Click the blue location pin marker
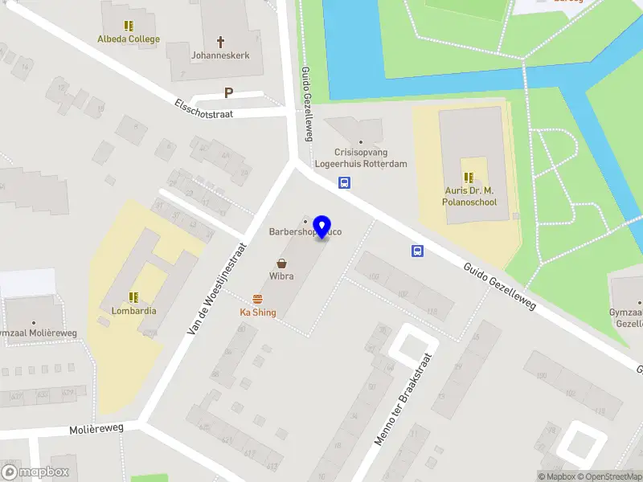pyautogui.click(x=322, y=227)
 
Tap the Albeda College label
pyautogui.click(x=129, y=39)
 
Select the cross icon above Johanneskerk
pyautogui.click(x=221, y=41)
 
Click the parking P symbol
pyautogui.click(x=228, y=92)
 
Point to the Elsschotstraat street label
pyautogui.click(x=203, y=108)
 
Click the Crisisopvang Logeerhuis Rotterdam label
pyautogui.click(x=371, y=158)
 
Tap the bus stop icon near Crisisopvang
pyautogui.click(x=344, y=182)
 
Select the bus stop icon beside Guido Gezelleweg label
pyautogui.click(x=418, y=251)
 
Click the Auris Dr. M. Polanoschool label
pyautogui.click(x=469, y=197)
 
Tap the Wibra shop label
pyautogui.click(x=281, y=276)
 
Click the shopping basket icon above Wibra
pyautogui.click(x=282, y=263)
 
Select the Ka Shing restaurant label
pyautogui.click(x=258, y=312)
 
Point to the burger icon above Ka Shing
pyautogui.click(x=258, y=299)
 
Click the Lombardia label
pyautogui.click(x=134, y=311)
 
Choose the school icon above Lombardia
pyautogui.click(x=133, y=296)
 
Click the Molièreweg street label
pyautogui.click(x=96, y=430)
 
